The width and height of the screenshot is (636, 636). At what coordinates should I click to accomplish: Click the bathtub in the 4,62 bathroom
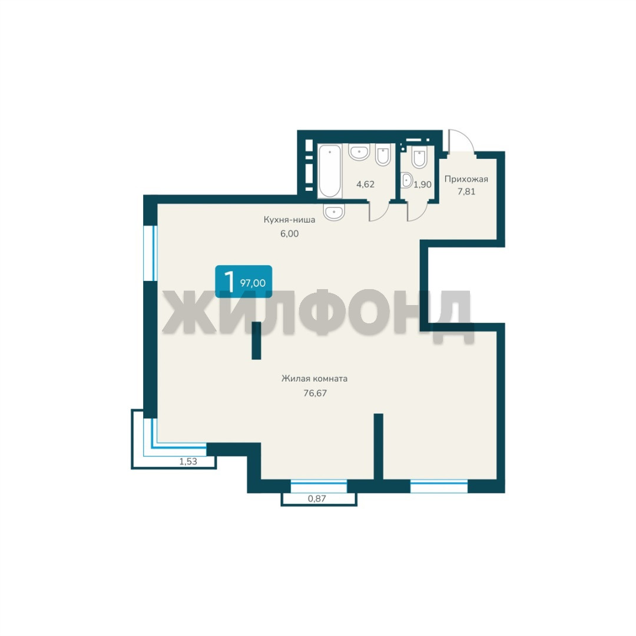coord(329,171)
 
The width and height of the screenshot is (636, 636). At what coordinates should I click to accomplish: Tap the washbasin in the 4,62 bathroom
coord(359,152)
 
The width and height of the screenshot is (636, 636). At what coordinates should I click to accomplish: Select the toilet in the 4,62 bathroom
coord(383,154)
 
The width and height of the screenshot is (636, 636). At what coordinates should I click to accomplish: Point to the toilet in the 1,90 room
coord(419,157)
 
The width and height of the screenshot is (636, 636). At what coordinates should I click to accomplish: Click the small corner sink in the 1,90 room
coord(406,180)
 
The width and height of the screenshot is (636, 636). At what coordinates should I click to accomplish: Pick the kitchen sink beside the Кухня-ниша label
coord(334,212)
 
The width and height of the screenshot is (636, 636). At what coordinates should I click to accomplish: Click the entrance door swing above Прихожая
coord(461,141)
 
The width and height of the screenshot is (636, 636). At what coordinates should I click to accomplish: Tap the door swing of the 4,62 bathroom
coord(379,211)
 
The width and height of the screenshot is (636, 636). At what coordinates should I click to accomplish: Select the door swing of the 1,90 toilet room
coord(418,211)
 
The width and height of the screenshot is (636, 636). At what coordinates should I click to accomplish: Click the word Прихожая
coord(466,179)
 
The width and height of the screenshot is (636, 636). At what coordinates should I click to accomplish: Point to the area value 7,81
coord(466,191)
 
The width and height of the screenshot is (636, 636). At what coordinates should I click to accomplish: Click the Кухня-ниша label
coord(289,220)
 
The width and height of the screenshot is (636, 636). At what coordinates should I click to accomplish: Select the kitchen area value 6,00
coord(289,234)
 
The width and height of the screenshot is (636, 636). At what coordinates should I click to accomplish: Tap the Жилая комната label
coord(314,379)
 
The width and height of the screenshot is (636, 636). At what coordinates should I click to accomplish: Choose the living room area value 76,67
coord(315,393)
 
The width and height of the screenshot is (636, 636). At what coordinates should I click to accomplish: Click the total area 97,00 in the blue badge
coord(253,283)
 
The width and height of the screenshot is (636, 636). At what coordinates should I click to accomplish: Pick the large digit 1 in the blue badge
coord(230,281)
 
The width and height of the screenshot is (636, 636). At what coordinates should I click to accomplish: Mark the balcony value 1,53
coord(188,461)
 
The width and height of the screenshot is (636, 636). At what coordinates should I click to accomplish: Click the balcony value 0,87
coord(317,499)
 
